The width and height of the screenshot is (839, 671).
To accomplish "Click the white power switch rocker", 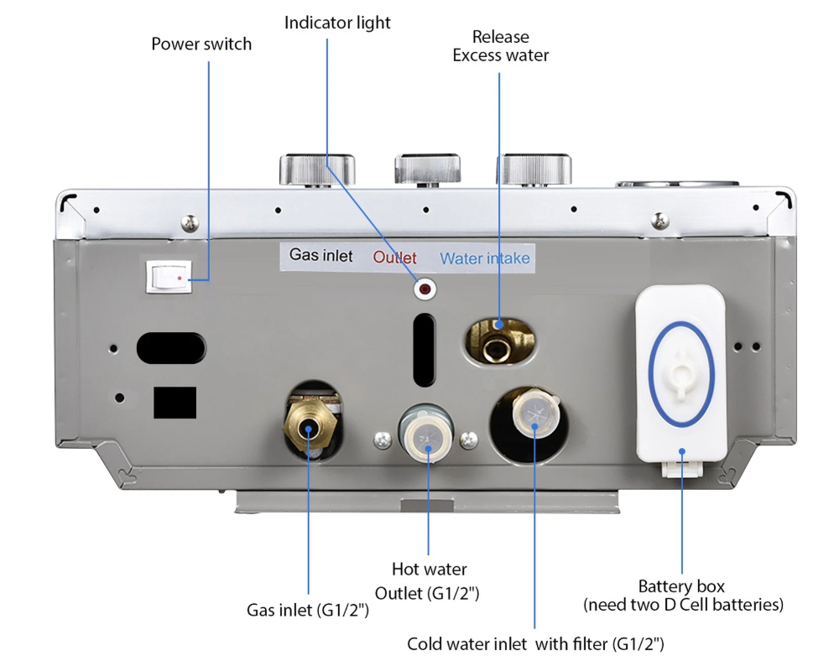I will pos(169,275).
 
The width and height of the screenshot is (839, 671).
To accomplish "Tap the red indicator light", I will pos(425,290).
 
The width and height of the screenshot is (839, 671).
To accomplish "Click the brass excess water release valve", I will pos(500,336).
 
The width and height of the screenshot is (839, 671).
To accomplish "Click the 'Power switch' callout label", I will pos(201,44).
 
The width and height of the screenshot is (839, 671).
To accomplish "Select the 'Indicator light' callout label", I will pos(337,23).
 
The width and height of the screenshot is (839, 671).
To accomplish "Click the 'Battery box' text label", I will pos(681,586).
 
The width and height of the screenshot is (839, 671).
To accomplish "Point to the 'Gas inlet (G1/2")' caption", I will pos(308,610).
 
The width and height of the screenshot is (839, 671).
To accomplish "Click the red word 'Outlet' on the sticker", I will pos(394,257).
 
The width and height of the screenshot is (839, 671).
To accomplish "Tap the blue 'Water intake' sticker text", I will pos(485,257).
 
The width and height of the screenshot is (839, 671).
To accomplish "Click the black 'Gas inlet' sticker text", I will pos(321,255).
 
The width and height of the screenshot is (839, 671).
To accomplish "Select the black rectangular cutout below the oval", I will pos(175,402).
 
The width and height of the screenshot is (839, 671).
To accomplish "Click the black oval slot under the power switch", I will pos(171,346).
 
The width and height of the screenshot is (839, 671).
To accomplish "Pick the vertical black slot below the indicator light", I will pos(425,349).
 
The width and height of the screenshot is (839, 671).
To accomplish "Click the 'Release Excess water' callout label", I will pos(501,46).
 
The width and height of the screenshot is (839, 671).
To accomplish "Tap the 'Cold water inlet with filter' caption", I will pos(535,644).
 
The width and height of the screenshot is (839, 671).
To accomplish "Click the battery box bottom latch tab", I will pos(680,465).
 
